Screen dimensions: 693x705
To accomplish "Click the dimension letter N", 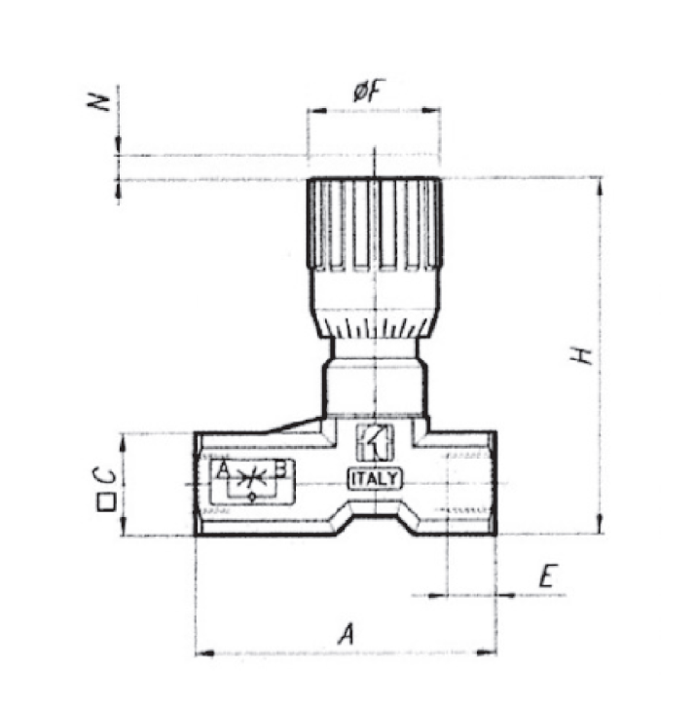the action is (x=99, y=102).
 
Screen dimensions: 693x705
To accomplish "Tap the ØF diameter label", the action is (x=366, y=91).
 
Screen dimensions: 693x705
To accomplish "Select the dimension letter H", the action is (x=581, y=355).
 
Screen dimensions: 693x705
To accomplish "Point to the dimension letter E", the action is (x=548, y=575).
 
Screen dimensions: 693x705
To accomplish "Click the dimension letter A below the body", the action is (x=346, y=633).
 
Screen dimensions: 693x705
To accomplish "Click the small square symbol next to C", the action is (x=106, y=502).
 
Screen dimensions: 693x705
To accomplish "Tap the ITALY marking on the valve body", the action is (x=375, y=479).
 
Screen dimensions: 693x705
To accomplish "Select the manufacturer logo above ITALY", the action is (x=375, y=443).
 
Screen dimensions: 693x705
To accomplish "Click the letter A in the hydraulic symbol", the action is (x=223, y=470).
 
